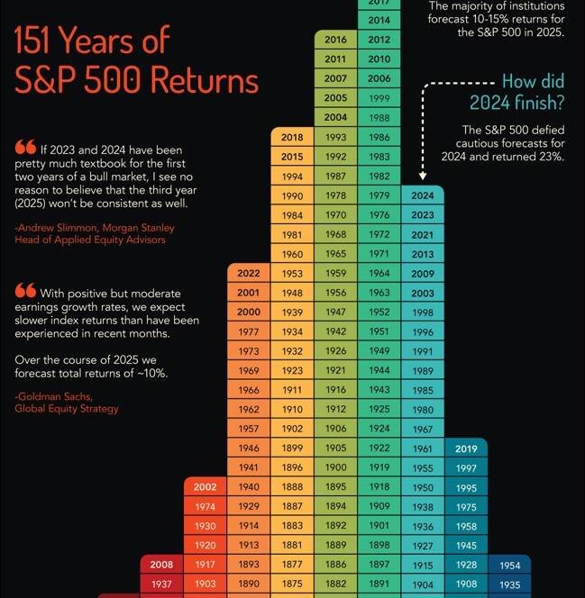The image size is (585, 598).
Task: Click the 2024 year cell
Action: tap(422, 195)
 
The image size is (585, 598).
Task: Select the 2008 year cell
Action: tap(161, 565)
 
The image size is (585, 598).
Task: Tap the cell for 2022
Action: tap(249, 274)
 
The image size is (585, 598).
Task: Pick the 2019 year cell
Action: tap(466, 448)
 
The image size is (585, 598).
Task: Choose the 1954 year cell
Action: tap(509, 565)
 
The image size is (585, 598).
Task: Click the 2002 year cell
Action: tap(206, 487)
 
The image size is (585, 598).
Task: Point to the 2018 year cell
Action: tap(292, 137)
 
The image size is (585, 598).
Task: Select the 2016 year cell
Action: tap(335, 40)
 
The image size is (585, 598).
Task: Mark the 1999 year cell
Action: tap(379, 98)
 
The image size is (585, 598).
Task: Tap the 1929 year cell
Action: tap(249, 507)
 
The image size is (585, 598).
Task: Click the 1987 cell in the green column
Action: tap(335, 177)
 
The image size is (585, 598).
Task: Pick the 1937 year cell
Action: tap(161, 584)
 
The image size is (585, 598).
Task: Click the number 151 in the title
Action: tap(45, 41)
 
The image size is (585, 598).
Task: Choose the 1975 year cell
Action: tap(466, 507)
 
